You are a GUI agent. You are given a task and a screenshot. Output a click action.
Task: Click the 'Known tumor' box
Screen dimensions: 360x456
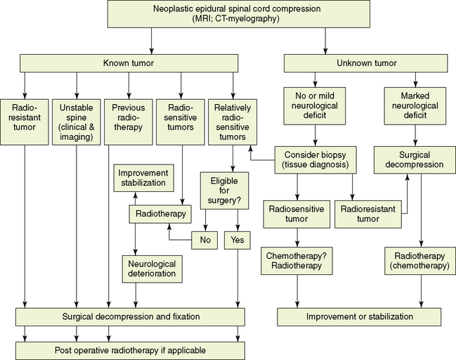click(x=131, y=63)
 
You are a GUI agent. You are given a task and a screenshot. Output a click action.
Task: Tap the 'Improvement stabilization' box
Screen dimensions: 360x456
click(x=143, y=178)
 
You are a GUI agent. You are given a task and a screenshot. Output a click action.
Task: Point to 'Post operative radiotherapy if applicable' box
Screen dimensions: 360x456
click(x=131, y=349)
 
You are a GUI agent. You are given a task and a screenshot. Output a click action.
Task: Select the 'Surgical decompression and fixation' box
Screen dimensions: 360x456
click(x=131, y=316)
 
